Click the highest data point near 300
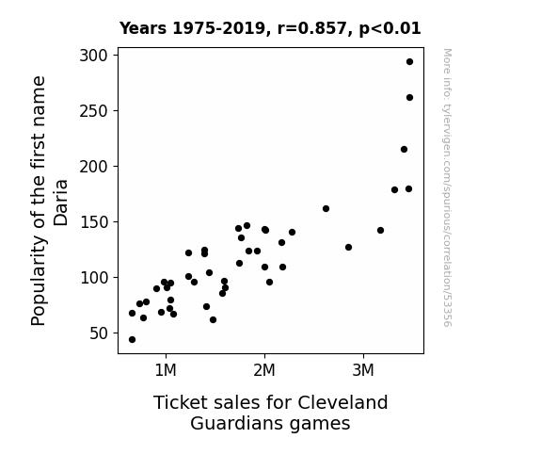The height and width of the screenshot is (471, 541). point(409,62)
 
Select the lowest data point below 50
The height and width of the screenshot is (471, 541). point(132,340)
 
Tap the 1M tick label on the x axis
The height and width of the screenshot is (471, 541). point(166,370)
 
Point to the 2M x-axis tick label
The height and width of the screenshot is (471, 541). point(264,370)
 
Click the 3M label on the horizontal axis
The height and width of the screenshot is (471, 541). point(363,370)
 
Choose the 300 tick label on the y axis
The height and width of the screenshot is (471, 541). point(94,56)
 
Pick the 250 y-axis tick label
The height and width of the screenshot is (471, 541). point(94,111)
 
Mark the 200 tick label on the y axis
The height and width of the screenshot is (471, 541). point(94,167)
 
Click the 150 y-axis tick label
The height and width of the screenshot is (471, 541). point(94,222)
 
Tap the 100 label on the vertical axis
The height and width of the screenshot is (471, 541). point(94,278)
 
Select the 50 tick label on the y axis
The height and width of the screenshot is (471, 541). point(99,333)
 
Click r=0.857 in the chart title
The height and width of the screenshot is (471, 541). point(312,28)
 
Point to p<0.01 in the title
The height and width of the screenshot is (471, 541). point(390,28)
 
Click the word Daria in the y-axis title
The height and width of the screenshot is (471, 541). point(61,203)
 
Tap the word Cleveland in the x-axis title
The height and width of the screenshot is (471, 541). point(342,402)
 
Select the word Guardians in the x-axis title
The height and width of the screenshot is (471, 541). point(238,423)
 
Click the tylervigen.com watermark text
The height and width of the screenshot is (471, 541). point(447,187)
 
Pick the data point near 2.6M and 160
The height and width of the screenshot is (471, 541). point(326,209)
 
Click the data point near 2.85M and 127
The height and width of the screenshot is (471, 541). point(348,248)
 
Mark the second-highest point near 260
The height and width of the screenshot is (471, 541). point(409,98)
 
